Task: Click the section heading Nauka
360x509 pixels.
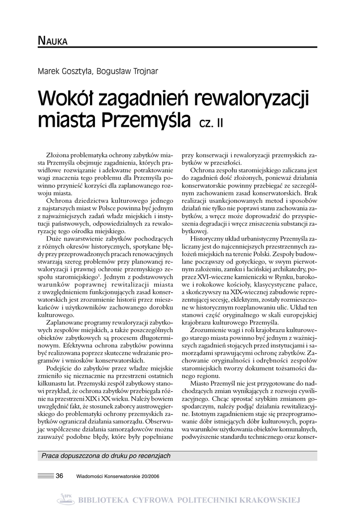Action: point(53,41)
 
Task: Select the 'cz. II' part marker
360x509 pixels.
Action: point(211,122)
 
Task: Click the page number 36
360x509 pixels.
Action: point(60,476)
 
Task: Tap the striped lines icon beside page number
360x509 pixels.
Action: point(45,476)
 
